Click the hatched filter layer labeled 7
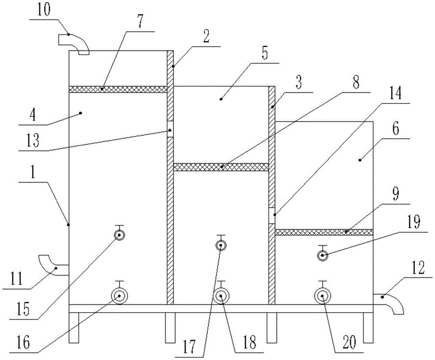(x=118, y=89)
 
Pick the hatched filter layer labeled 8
(x=221, y=167)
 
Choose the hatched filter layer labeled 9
(x=325, y=232)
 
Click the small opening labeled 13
(x=171, y=129)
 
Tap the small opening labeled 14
(x=272, y=216)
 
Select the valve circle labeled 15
(x=119, y=235)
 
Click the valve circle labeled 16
(x=119, y=297)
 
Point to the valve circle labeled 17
(x=221, y=246)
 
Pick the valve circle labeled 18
(x=221, y=297)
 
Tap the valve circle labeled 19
(x=322, y=256)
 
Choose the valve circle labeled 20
(x=322, y=297)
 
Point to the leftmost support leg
(x=74, y=327)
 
